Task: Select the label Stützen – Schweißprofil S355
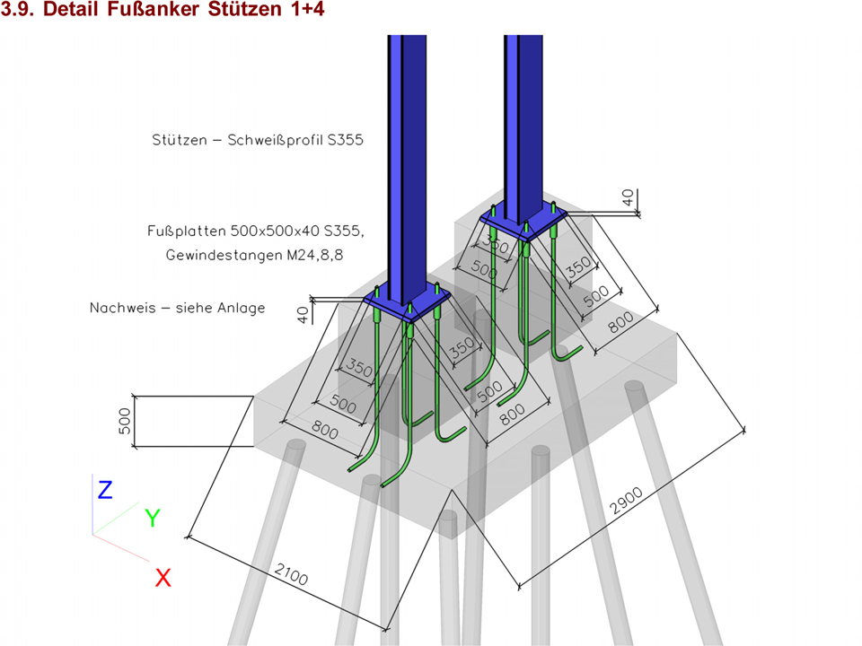click(258, 140)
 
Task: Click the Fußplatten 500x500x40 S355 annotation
click(255, 231)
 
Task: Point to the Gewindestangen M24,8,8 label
click(254, 255)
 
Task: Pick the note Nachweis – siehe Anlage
click(177, 308)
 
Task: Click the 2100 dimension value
click(291, 574)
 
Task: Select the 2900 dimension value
click(626, 501)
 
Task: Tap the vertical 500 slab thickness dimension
click(125, 421)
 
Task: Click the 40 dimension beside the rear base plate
click(628, 197)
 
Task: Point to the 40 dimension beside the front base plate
click(303, 315)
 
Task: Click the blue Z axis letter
click(105, 490)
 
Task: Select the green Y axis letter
click(153, 518)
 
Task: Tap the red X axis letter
click(163, 578)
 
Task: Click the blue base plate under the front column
click(407, 303)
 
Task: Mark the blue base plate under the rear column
click(523, 219)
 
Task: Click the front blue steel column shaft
click(407, 165)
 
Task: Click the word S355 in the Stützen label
click(345, 140)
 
